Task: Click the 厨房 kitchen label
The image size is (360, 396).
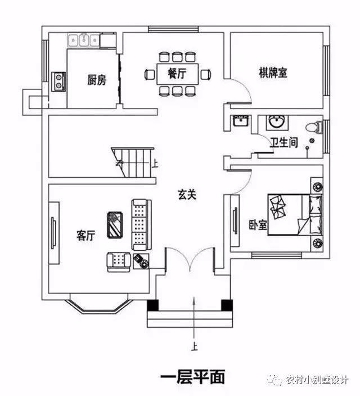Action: (97, 80)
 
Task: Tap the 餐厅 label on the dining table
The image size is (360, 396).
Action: (177, 74)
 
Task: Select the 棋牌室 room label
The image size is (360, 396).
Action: (273, 73)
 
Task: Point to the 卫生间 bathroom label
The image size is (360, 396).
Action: (283, 142)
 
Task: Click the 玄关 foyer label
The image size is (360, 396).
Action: (187, 195)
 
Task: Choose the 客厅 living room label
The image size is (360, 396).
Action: (85, 235)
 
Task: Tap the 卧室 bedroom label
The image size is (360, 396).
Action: (258, 225)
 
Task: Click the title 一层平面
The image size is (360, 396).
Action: (192, 377)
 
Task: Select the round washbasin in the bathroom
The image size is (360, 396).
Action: (277, 122)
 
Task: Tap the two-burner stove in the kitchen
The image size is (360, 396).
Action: (59, 82)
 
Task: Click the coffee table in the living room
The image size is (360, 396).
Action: (115, 225)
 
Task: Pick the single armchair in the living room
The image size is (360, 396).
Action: (119, 262)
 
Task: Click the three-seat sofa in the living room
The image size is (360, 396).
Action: (142, 225)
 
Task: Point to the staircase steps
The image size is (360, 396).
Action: (133, 163)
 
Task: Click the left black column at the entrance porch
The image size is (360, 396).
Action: (153, 305)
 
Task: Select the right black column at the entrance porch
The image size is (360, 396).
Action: (227, 305)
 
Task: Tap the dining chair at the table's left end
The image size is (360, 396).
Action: (150, 74)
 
